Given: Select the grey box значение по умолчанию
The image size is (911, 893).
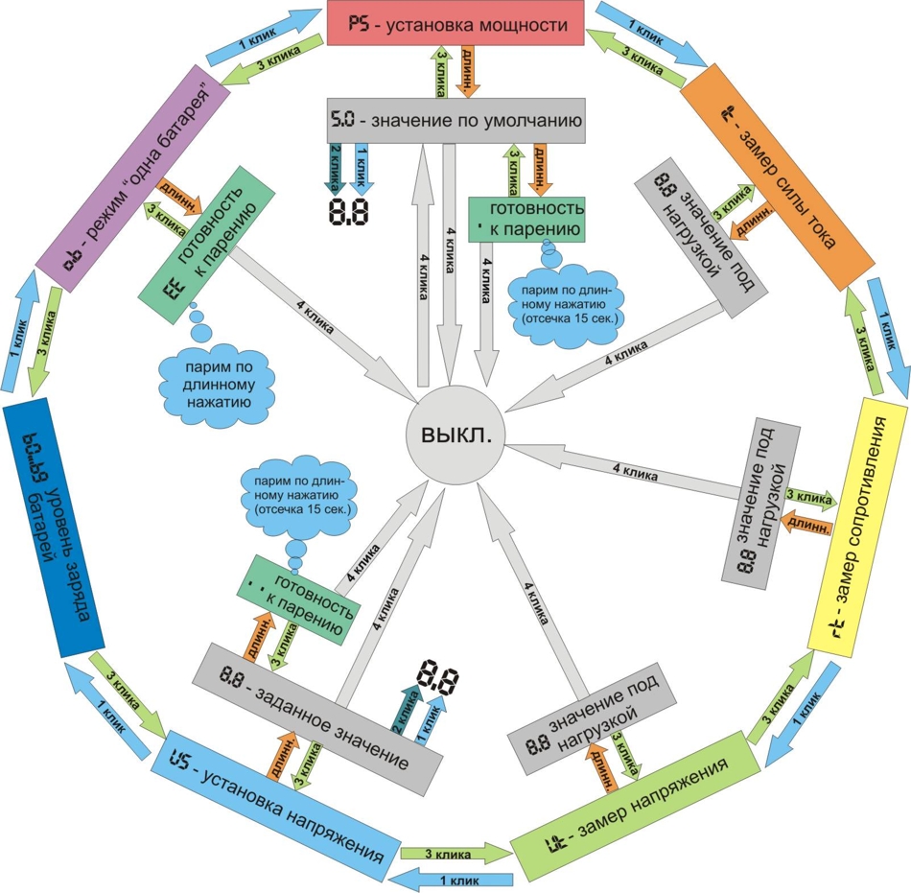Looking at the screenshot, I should pyautogui.click(x=455, y=121).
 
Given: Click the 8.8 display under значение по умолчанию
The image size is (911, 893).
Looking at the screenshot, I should pyautogui.click(x=349, y=212).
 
